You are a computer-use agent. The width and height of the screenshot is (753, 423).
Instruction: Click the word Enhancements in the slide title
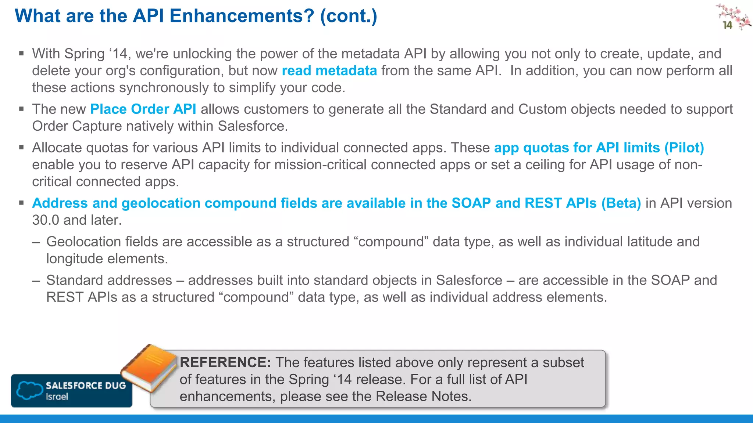242,16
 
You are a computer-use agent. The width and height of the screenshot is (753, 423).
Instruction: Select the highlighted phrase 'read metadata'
329,70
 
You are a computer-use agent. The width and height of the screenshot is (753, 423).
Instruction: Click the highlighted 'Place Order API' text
143,109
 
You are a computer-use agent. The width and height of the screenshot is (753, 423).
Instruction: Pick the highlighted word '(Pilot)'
684,148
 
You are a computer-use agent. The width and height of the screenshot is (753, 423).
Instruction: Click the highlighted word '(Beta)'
621,203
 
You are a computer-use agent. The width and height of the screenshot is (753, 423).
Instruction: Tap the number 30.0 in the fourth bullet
45,220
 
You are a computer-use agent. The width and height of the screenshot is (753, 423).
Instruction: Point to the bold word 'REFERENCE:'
225,362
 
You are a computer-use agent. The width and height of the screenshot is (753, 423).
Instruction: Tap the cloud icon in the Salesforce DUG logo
29,390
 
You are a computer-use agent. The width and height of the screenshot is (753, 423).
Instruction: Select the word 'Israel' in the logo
57,397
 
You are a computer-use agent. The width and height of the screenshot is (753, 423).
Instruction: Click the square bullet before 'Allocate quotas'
21,148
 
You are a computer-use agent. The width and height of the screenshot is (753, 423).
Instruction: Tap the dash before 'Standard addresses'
36,281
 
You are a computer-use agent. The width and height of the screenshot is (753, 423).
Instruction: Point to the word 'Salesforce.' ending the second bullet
253,126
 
